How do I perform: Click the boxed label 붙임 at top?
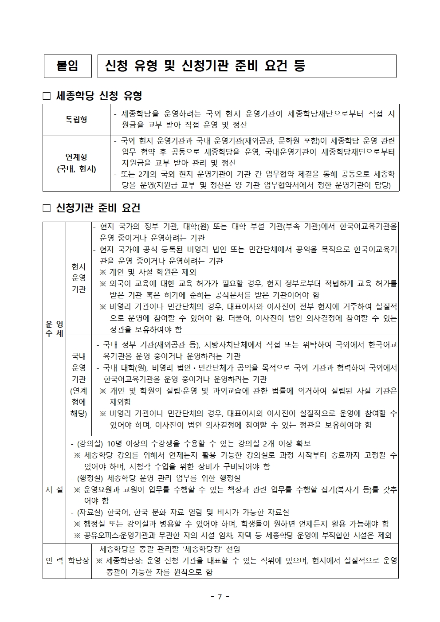point(67,67)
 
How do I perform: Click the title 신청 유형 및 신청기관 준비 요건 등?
point(204,67)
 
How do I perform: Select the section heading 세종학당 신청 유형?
point(99,96)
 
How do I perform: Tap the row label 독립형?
point(76,120)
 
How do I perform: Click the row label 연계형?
point(76,157)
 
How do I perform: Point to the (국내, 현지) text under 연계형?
point(76,169)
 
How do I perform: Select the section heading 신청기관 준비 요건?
point(98,208)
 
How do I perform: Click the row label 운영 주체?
point(54,329)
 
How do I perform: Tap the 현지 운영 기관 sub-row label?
point(79,278)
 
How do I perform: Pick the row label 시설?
point(54,489)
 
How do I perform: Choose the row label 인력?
point(54,561)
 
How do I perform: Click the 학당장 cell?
point(79,561)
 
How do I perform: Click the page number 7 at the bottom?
point(220,596)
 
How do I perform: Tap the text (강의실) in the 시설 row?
point(90,444)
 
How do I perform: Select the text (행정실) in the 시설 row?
point(90,478)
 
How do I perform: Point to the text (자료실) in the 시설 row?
point(90,512)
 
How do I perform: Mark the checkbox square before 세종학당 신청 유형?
point(47,96)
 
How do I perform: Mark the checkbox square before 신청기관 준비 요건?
point(47,208)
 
